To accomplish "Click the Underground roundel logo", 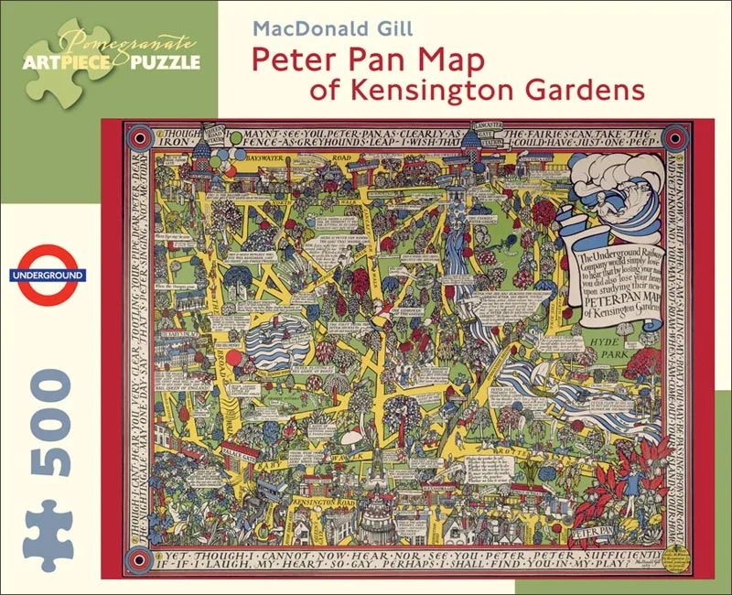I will (x=47, y=275).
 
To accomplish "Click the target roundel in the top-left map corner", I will (x=138, y=134).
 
